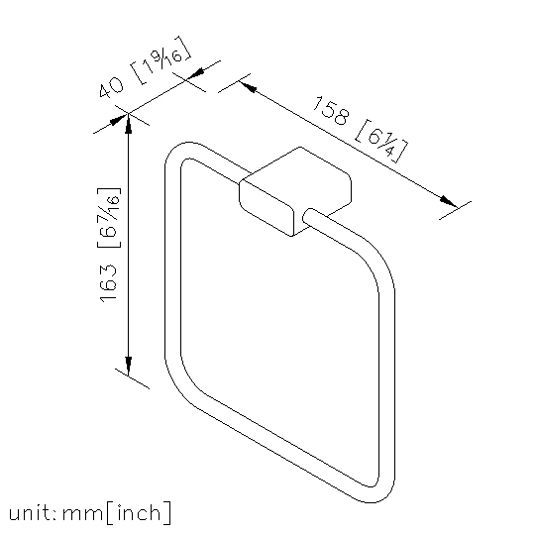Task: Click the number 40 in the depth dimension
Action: [x=111, y=87]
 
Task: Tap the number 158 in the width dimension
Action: [x=331, y=110]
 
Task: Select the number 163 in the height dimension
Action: [x=108, y=282]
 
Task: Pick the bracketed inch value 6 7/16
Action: [x=109, y=217]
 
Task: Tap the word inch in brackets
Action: [x=139, y=512]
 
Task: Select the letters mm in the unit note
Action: [x=82, y=514]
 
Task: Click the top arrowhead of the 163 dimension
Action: [x=128, y=123]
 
